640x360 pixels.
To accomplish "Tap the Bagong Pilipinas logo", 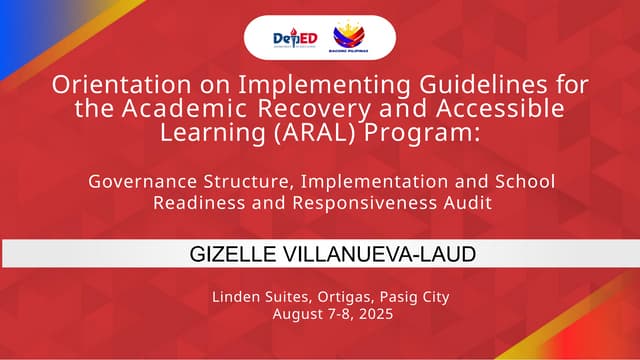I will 349,37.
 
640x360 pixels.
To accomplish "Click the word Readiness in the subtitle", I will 191,202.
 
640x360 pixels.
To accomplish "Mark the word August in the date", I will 295,314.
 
